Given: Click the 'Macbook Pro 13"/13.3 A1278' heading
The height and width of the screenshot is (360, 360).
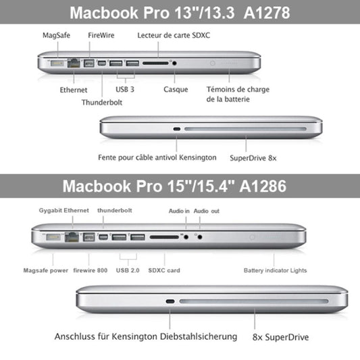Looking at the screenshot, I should (180, 12).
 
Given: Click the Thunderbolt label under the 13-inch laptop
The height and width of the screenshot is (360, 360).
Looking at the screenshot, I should (103, 103).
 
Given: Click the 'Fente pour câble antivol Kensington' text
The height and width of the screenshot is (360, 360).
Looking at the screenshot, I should (157, 157).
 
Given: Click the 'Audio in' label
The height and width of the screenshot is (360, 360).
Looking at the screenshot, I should (179, 210).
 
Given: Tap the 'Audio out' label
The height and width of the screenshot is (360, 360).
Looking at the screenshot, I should (206, 210).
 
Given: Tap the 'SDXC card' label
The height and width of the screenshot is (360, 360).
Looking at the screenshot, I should (165, 270).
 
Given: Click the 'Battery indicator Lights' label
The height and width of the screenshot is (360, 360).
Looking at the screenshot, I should (275, 270).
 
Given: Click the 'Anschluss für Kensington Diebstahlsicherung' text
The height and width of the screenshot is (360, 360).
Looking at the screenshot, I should (146, 335).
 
